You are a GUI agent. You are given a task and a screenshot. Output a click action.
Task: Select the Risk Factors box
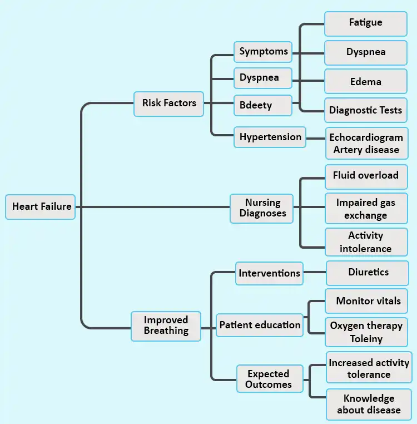pos(168,103)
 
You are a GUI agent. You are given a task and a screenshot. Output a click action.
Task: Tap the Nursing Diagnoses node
pos(262,208)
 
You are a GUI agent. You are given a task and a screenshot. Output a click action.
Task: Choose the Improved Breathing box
pos(166,326)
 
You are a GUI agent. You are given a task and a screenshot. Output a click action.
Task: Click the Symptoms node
pos(263,52)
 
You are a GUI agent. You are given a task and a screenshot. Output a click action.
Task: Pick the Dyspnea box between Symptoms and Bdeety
pos(263,78)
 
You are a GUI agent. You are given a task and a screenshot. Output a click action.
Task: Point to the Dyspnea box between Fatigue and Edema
pos(365,52)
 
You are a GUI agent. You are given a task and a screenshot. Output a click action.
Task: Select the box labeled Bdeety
pos(263,105)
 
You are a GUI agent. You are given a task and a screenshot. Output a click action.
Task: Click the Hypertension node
pos(270,137)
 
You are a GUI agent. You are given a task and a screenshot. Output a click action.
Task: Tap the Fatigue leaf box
pos(365,23)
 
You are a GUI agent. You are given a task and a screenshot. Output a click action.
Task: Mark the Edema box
pos(365,82)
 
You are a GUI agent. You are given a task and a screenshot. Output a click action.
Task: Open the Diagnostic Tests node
pos(365,110)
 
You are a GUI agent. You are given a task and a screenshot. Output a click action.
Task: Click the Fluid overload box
pos(365,176)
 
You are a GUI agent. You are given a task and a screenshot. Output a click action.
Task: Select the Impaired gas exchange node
pos(365,209)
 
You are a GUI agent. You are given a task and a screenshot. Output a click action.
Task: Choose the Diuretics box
pos(368,273)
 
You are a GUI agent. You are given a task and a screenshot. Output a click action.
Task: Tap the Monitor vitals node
pos(368,301)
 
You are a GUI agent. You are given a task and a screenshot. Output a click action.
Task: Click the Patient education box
pos(260,325)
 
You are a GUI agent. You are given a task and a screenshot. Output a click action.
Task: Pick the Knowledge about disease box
pos(369,405)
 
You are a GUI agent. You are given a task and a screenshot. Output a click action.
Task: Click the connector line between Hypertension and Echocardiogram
pos(315,137)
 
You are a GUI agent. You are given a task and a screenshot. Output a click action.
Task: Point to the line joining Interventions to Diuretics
pos(315,273)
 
